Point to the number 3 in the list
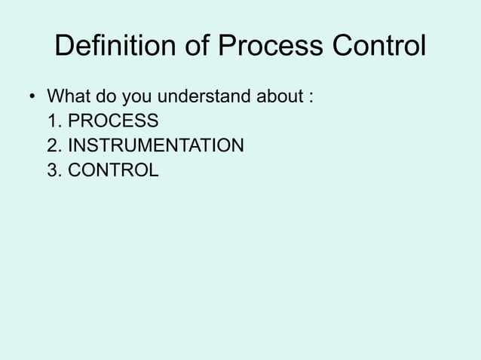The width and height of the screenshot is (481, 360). click(51, 170)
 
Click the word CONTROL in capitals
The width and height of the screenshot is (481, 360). click(113, 170)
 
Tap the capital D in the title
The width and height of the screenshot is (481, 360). click(65, 49)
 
